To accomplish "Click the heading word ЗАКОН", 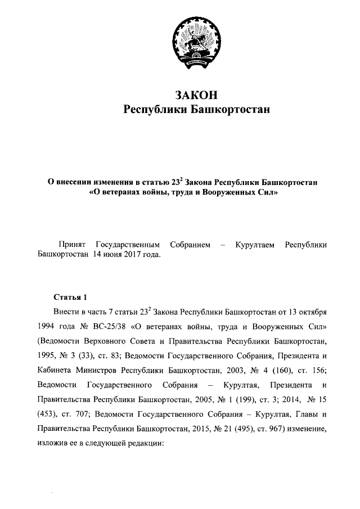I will pyautogui.click(x=196, y=94).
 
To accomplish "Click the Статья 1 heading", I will pyautogui.click(x=70, y=296).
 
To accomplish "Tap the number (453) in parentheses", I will pyautogui.click(x=47, y=415).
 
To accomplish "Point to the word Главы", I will pyautogui.click(x=303, y=415).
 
